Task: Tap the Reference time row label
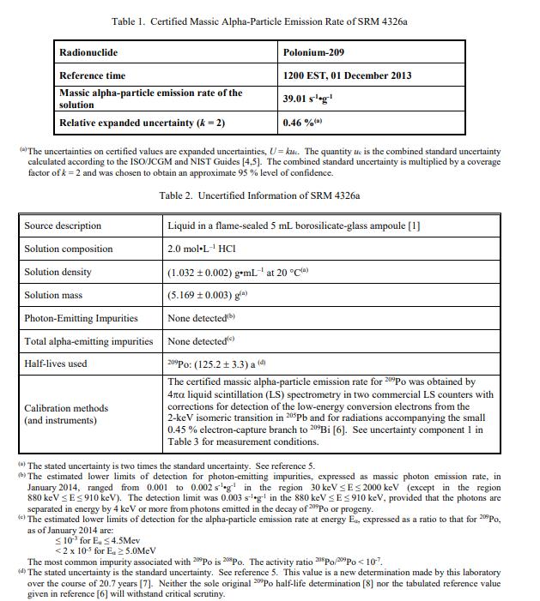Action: point(93,75)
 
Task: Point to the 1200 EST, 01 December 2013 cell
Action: point(347,75)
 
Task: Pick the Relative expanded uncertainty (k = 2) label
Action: point(142,123)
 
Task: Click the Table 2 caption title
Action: point(259,195)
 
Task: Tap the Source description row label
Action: point(63,225)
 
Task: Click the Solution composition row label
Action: point(69,249)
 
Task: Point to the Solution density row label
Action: point(59,272)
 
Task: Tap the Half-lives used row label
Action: point(56,364)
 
